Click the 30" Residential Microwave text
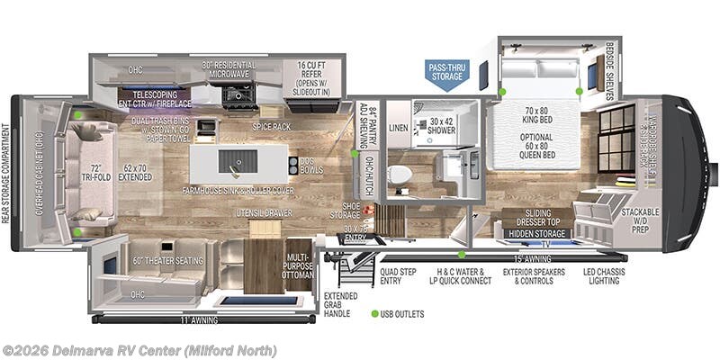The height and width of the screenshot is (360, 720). [229, 71]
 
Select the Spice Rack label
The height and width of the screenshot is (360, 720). [270, 127]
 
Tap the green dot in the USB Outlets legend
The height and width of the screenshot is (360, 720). [373, 314]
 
